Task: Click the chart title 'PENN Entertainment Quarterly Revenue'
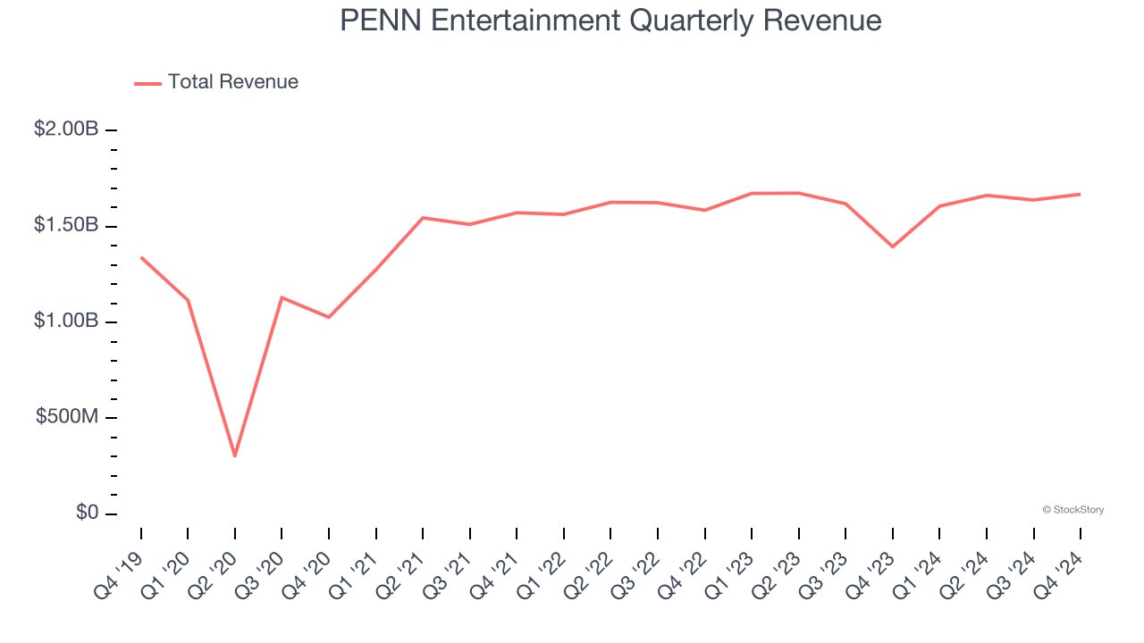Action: click(x=610, y=21)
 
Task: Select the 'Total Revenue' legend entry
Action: click(x=216, y=82)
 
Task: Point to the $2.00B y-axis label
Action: click(x=65, y=129)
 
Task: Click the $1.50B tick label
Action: click(x=65, y=225)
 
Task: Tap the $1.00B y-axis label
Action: click(x=65, y=321)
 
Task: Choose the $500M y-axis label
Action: click(x=67, y=417)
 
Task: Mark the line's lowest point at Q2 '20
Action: click(x=235, y=456)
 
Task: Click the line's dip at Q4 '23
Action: click(x=893, y=246)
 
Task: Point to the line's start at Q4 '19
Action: click(x=141, y=257)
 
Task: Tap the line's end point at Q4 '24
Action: click(x=1081, y=194)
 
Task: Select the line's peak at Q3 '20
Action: click(x=282, y=297)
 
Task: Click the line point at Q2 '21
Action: click(x=423, y=218)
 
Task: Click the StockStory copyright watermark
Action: click(x=1072, y=510)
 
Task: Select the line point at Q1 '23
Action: click(x=752, y=193)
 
